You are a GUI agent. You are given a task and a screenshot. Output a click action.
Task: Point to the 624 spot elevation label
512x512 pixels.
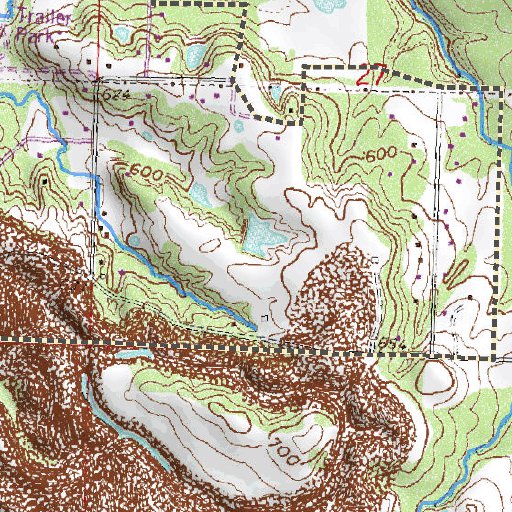(x=115, y=92)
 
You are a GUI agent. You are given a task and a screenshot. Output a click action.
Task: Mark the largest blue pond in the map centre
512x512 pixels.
(x=263, y=235)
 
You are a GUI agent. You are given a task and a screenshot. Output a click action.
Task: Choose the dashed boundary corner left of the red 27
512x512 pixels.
(x=303, y=68)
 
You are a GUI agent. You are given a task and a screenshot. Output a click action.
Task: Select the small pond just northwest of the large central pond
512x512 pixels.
(x=202, y=193)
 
